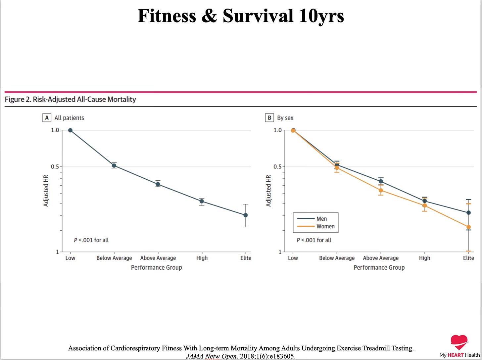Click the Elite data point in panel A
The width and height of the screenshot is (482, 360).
[x=246, y=215]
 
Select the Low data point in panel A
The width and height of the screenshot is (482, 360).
[x=70, y=130]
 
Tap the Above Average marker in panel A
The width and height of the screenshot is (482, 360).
[x=158, y=184]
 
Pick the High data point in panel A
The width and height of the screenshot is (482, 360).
[x=202, y=201]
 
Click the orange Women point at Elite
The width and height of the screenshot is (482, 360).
[x=468, y=227]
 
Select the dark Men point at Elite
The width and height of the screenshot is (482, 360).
[x=468, y=213]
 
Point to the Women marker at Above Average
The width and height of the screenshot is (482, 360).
[x=381, y=190]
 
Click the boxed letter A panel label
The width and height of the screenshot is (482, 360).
[x=47, y=118]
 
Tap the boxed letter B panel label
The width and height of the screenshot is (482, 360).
[x=269, y=118]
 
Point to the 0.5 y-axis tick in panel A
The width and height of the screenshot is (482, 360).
[x=55, y=167]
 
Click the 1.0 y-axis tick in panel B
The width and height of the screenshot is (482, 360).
[x=277, y=130]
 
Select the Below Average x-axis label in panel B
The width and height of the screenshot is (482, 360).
[x=337, y=258]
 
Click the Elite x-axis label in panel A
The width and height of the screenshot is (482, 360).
[x=246, y=258]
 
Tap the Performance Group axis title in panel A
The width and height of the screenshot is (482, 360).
[x=156, y=267]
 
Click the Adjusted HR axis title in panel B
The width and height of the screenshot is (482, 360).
[x=268, y=191]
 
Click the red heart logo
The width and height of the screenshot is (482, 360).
[x=459, y=342]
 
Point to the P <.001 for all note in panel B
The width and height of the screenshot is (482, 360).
[x=313, y=240]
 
